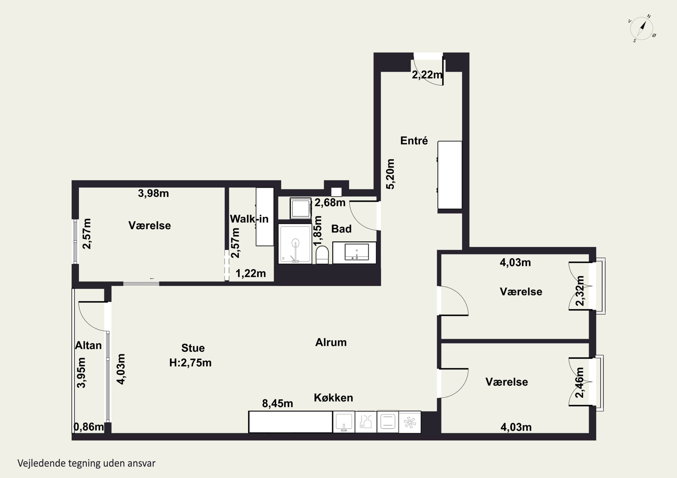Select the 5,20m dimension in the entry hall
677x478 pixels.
[390, 174]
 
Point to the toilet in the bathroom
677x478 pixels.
[322, 255]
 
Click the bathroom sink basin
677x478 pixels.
[357, 252]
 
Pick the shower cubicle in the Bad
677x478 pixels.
[295, 244]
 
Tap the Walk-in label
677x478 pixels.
[249, 219]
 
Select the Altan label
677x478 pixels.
[88, 345]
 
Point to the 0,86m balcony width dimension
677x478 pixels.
[88, 427]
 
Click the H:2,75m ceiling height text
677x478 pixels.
[190, 363]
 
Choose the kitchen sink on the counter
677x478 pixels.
[344, 422]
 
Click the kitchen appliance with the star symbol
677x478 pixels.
[410, 422]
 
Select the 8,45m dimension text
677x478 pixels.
[278, 403]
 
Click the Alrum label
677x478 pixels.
[331, 342]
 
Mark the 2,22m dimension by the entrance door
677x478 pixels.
[427, 75]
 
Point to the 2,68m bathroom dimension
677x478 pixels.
[330, 203]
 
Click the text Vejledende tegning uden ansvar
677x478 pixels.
[86, 463]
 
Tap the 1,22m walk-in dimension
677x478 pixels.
[251, 273]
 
